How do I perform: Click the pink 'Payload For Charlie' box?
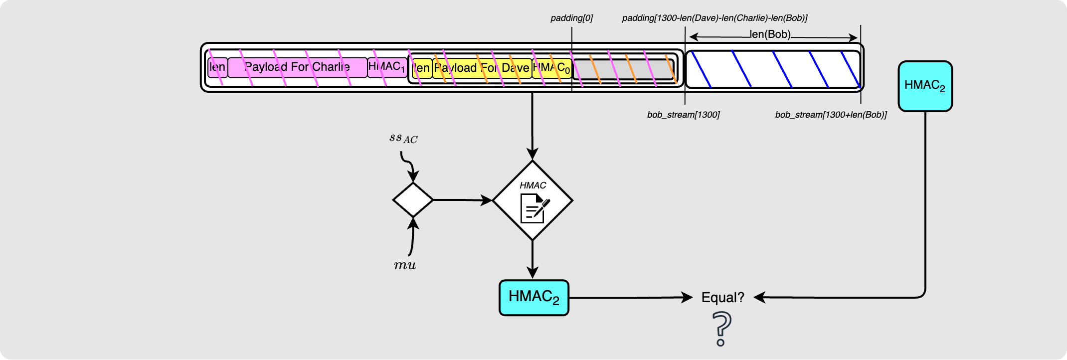click(x=297, y=67)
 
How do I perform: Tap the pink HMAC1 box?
click(x=387, y=67)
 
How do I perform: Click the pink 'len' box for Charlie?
click(x=217, y=67)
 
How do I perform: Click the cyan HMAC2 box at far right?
click(x=925, y=86)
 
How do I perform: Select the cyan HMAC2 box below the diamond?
click(x=533, y=298)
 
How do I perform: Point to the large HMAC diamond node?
click(x=533, y=200)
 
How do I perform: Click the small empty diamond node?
click(x=413, y=200)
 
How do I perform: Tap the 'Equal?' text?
click(x=722, y=298)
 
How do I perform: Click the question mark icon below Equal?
click(x=721, y=329)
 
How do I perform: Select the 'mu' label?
click(x=405, y=265)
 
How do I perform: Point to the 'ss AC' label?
click(x=403, y=138)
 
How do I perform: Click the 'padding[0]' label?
click(x=571, y=18)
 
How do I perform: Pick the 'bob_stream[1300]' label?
click(x=683, y=115)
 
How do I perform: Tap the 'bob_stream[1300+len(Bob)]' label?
click(x=831, y=115)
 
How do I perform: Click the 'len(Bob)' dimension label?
click(x=770, y=34)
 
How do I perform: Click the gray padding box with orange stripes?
click(x=623, y=69)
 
